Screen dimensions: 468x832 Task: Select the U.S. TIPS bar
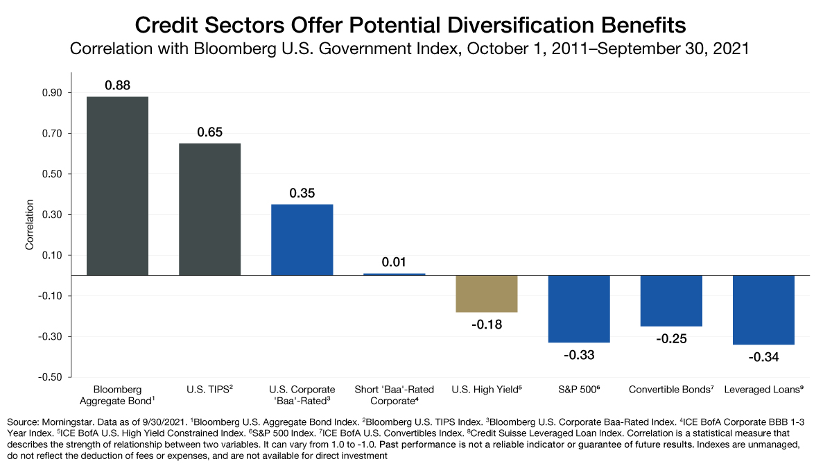click(x=209, y=209)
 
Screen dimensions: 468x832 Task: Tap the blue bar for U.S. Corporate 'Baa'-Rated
click(x=302, y=239)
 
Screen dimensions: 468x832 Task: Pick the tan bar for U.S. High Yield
click(x=486, y=293)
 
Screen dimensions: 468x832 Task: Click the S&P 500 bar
click(x=578, y=309)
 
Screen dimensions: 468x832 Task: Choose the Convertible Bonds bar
click(x=670, y=300)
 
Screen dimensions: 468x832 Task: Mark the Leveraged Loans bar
click(x=763, y=309)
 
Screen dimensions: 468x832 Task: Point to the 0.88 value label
click(x=117, y=85)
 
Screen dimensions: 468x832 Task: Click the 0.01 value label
click(x=394, y=262)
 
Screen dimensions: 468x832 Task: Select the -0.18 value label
click(x=486, y=324)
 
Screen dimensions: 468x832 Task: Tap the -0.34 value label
click(x=763, y=358)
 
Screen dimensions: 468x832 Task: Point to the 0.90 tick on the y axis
click(x=52, y=93)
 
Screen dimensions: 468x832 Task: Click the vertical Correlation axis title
click(x=29, y=225)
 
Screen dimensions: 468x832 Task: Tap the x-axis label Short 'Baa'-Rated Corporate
click(x=394, y=395)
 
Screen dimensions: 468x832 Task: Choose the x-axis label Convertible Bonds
click(x=670, y=390)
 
